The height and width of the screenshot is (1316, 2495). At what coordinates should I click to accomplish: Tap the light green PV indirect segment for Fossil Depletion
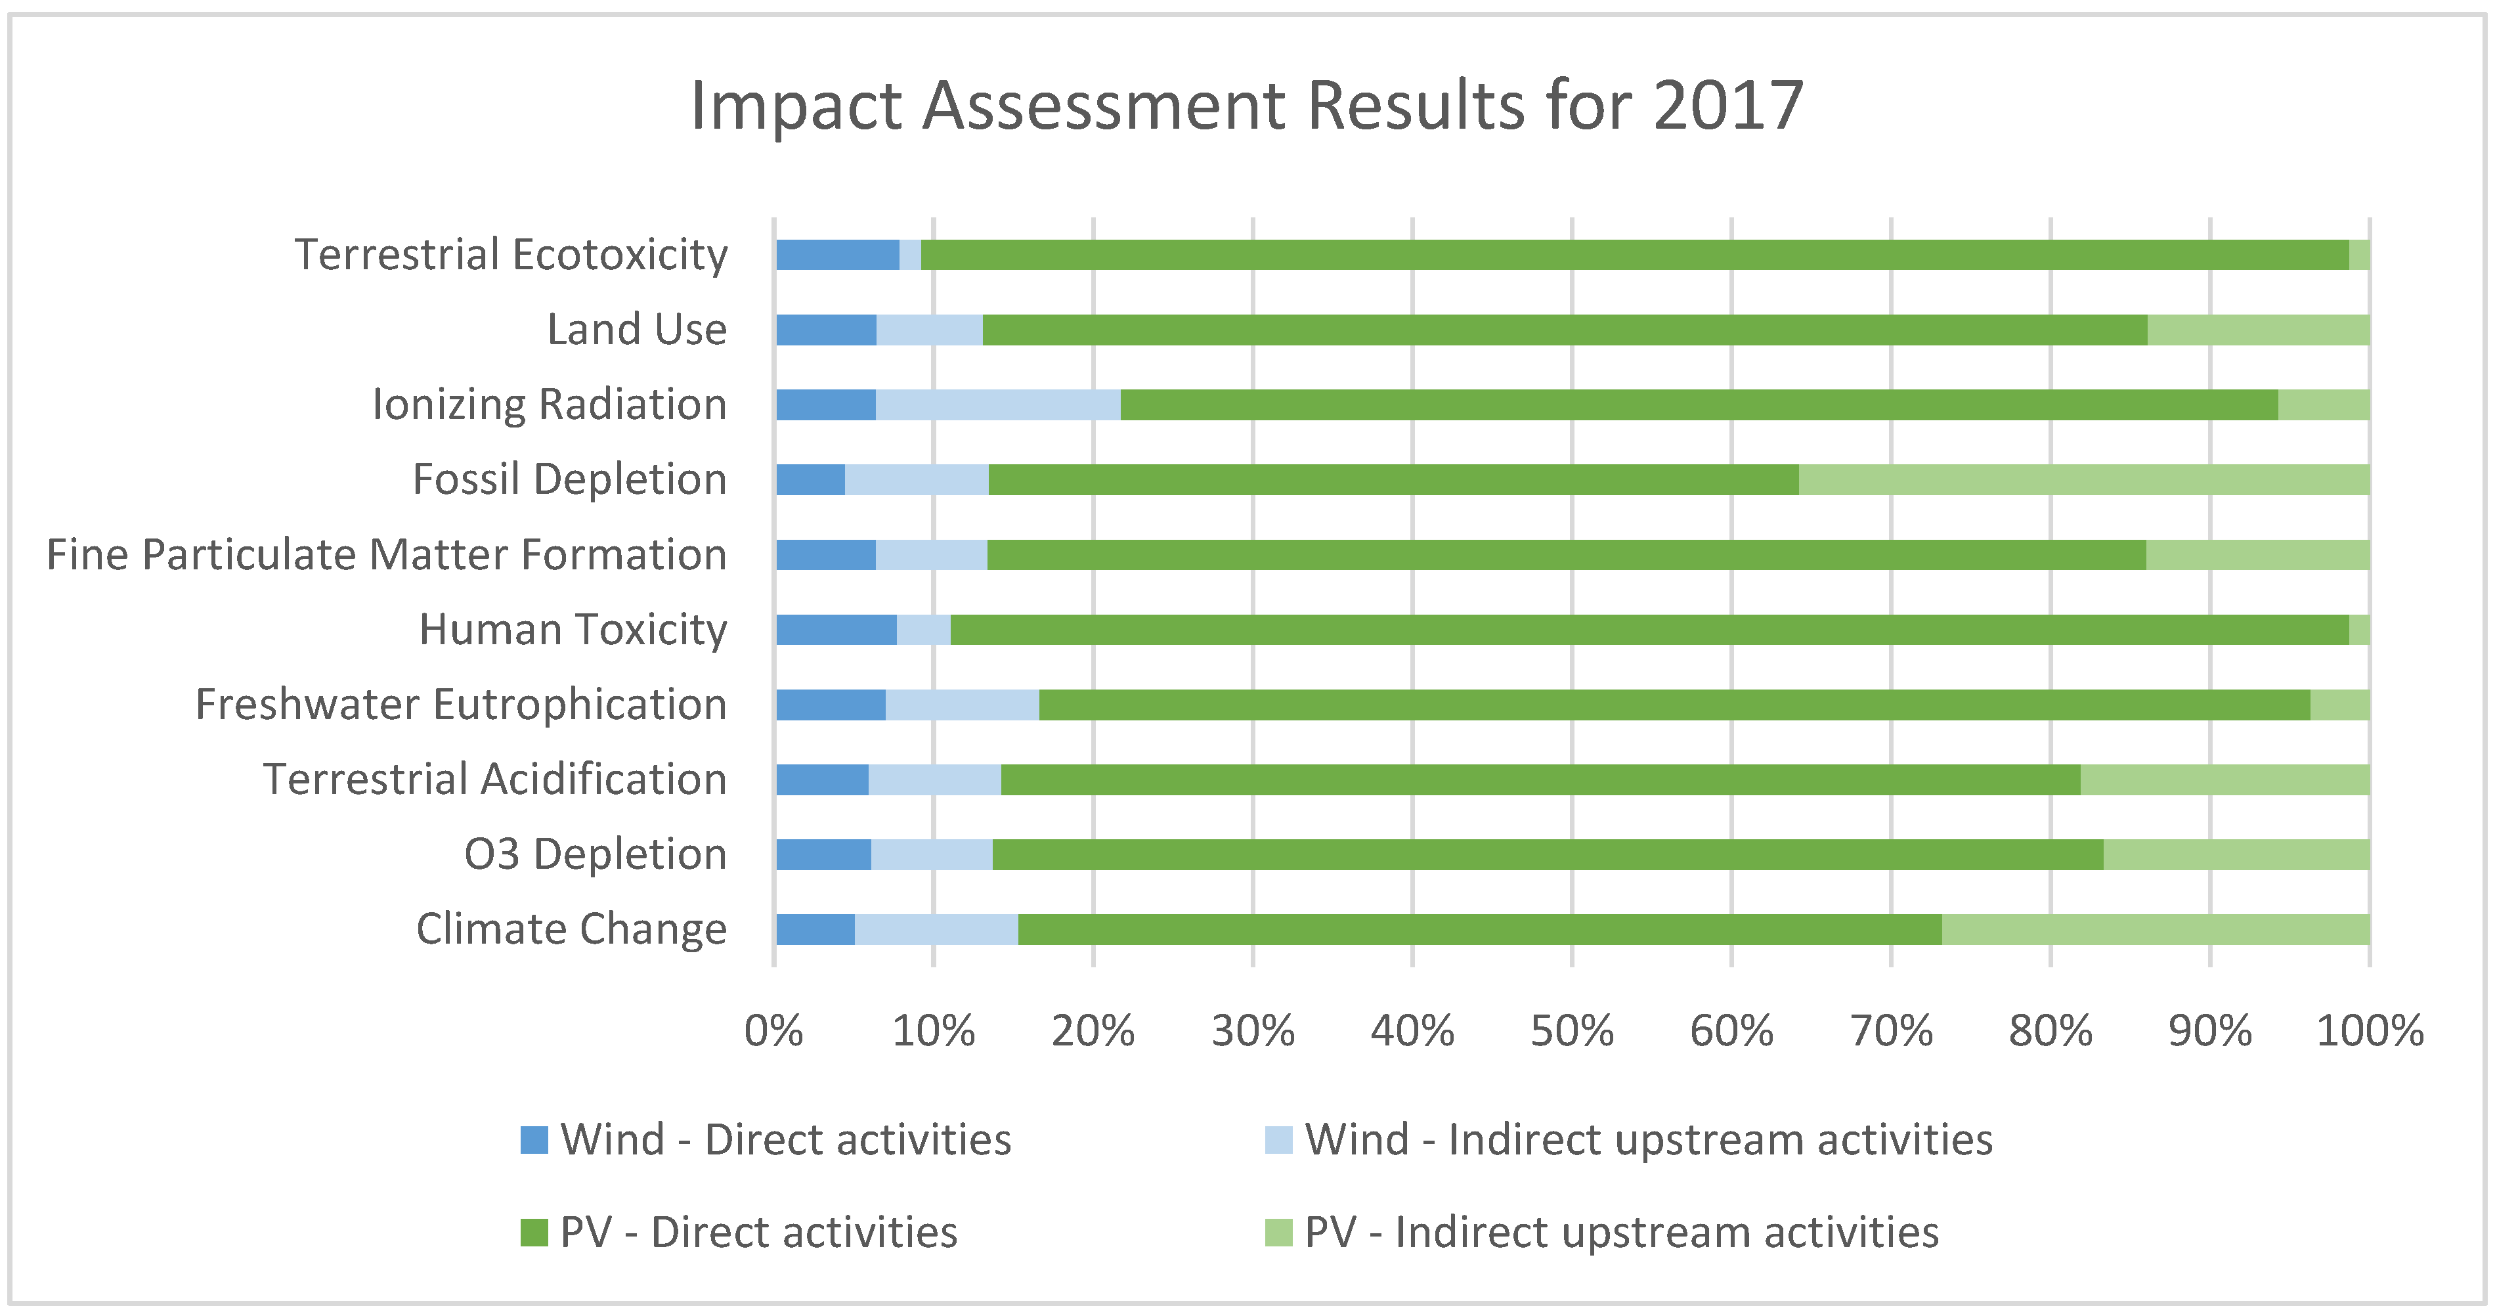click(x=2083, y=480)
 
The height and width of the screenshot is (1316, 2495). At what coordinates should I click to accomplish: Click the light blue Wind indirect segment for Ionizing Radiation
click(x=997, y=405)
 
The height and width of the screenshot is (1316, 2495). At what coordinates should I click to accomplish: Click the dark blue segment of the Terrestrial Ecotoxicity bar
click(x=837, y=255)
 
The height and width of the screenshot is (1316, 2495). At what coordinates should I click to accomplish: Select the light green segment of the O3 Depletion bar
click(x=2236, y=855)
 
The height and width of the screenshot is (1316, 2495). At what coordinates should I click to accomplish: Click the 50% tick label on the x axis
click(x=1571, y=1031)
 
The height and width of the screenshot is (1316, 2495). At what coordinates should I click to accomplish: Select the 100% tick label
click(x=2369, y=1031)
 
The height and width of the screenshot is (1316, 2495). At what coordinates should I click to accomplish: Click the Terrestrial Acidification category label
click(x=495, y=779)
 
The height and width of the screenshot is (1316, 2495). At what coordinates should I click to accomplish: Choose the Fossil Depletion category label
click(x=569, y=480)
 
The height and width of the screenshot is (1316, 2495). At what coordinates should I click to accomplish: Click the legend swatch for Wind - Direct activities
click(x=534, y=1140)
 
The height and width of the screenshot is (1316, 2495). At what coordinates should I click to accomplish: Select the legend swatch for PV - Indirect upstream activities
click(x=1278, y=1233)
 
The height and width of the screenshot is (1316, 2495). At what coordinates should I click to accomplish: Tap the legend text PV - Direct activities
click(x=758, y=1233)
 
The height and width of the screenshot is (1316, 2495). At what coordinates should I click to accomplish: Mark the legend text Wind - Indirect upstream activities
click(x=1649, y=1140)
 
